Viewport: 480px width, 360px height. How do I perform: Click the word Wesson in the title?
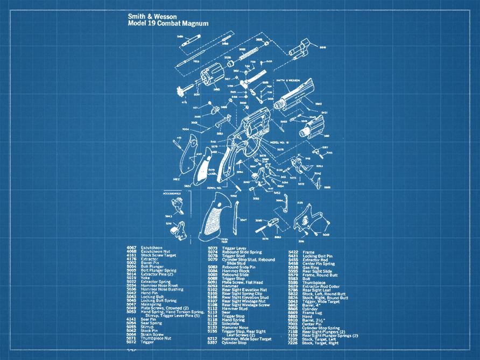pos(163,17)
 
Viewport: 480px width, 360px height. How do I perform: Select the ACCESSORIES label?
pos(173,193)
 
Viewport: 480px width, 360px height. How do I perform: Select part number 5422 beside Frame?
pos(293,252)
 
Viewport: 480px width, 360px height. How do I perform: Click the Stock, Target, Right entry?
pos(321,342)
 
